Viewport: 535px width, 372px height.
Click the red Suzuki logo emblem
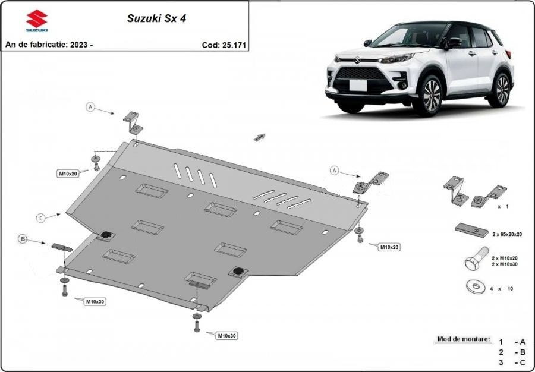pos(37,18)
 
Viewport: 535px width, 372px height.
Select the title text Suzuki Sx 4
pos(156,18)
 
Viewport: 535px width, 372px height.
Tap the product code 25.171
pos(234,45)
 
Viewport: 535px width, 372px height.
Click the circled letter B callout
pos(23,239)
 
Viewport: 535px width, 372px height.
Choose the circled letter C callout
pos(40,218)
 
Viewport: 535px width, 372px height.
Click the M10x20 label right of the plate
pos(389,247)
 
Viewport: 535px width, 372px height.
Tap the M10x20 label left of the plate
pos(68,174)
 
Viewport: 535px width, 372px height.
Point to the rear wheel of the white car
pos(502,89)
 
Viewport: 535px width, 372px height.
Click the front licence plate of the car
pos(358,85)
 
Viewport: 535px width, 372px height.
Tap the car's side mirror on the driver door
pos(453,43)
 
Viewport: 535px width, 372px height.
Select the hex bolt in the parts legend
pos(477,258)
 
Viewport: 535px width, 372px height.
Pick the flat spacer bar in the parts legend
pos(472,230)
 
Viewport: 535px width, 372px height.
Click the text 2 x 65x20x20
pos(506,234)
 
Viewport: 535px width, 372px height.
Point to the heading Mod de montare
pos(463,339)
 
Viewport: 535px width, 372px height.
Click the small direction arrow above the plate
pos(260,137)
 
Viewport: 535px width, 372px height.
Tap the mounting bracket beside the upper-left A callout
pos(133,123)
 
